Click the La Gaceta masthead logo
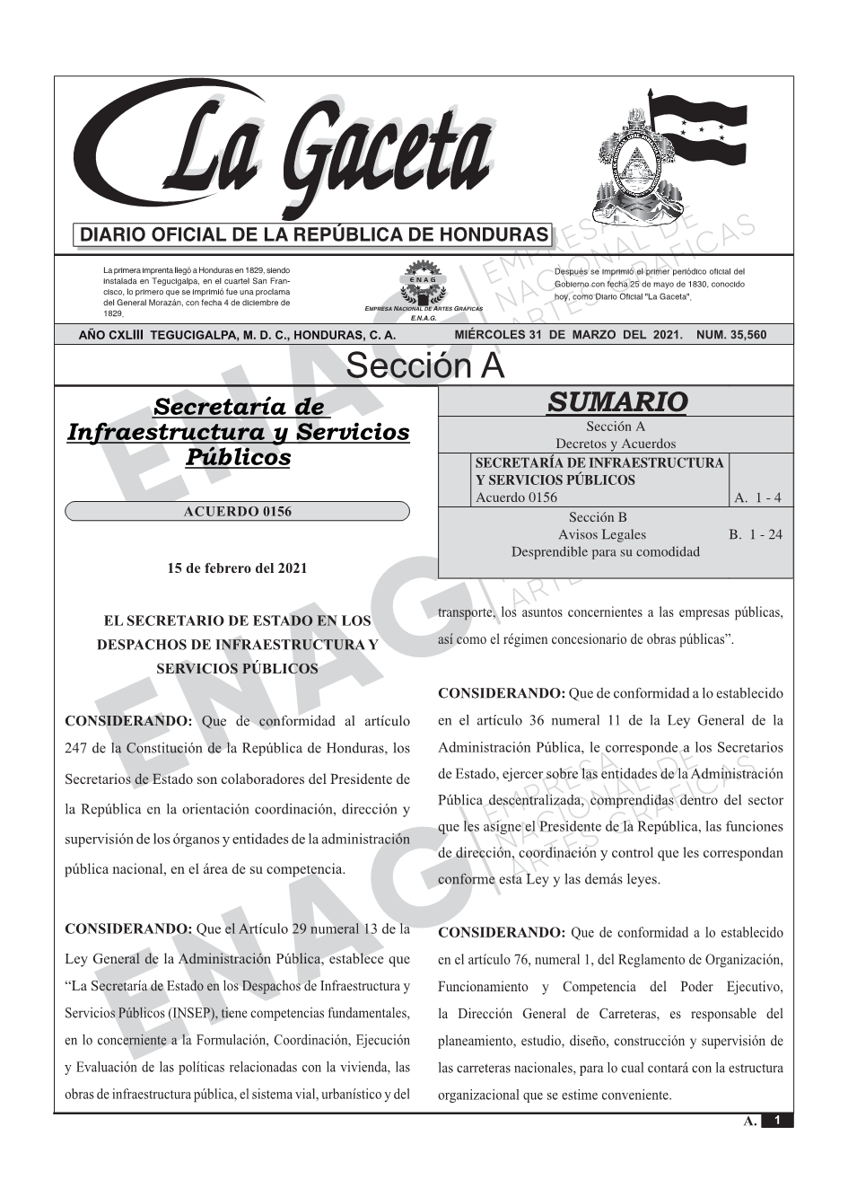(x=287, y=153)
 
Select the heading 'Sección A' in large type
(x=424, y=366)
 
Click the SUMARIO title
(x=616, y=401)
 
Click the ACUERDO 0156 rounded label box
(x=237, y=512)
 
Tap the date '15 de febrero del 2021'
(x=237, y=568)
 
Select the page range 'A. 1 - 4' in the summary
(x=757, y=497)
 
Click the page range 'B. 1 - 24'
(x=755, y=534)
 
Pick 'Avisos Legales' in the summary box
(x=614, y=534)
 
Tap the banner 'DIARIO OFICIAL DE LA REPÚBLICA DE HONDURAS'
(x=314, y=235)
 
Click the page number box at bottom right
(x=776, y=1120)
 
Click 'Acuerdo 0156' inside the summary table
(x=516, y=497)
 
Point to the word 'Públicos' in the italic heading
(x=238, y=457)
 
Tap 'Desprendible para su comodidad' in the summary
(x=605, y=551)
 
